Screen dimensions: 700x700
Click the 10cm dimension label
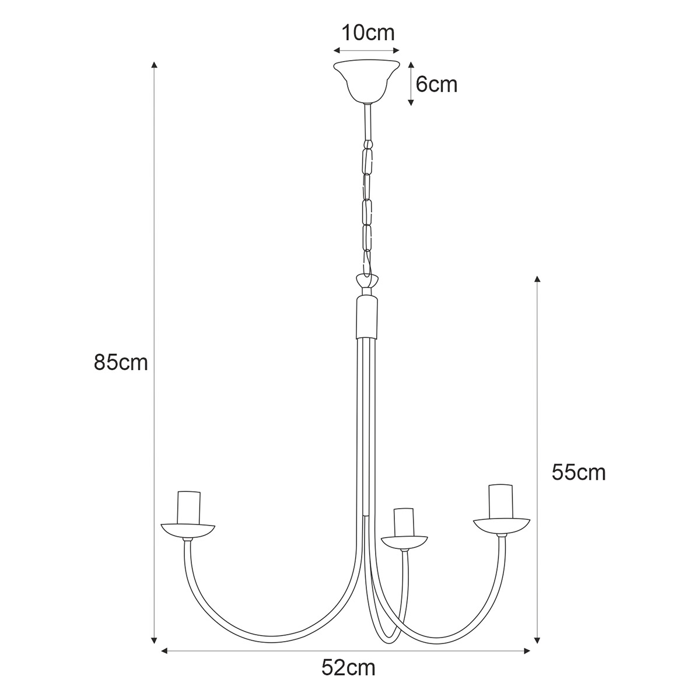point(368,33)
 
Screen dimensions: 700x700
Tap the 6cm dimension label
point(436,85)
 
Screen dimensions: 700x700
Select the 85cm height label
point(121,362)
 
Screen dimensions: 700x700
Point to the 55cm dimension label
point(579,473)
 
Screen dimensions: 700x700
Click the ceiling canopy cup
point(367,81)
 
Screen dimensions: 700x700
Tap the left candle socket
point(189,508)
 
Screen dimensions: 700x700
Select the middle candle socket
point(404,522)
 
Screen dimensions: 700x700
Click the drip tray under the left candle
point(188,531)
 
